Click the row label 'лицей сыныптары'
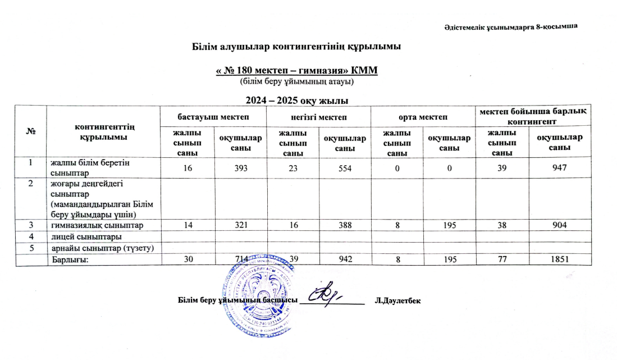pos(84,236)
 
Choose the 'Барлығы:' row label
pos(71,259)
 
